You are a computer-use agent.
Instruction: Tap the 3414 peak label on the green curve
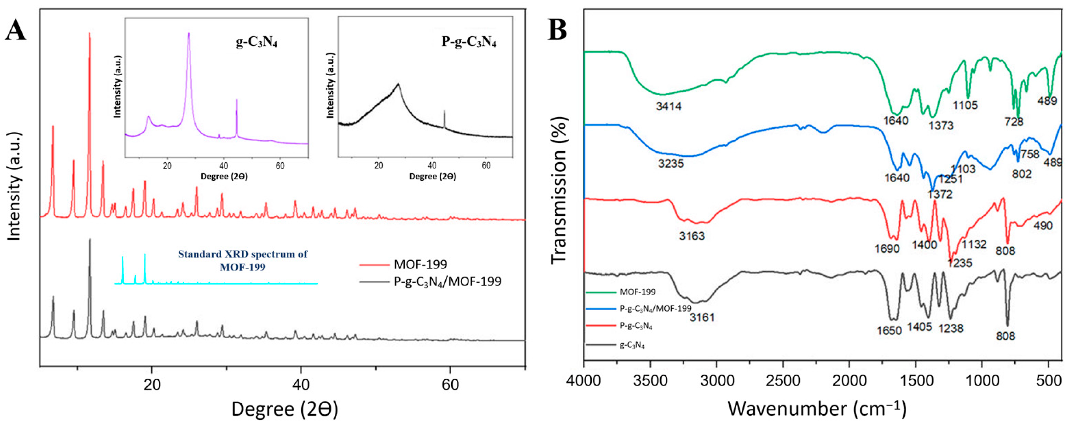[669, 106]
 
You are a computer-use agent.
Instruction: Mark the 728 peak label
[1014, 121]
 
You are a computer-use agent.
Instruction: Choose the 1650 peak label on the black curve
[889, 331]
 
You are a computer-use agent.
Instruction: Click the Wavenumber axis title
[817, 409]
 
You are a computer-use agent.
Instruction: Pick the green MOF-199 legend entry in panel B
[637, 292]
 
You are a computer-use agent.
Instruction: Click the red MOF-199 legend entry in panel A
[420, 264]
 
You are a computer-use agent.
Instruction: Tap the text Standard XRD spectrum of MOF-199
[243, 260]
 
